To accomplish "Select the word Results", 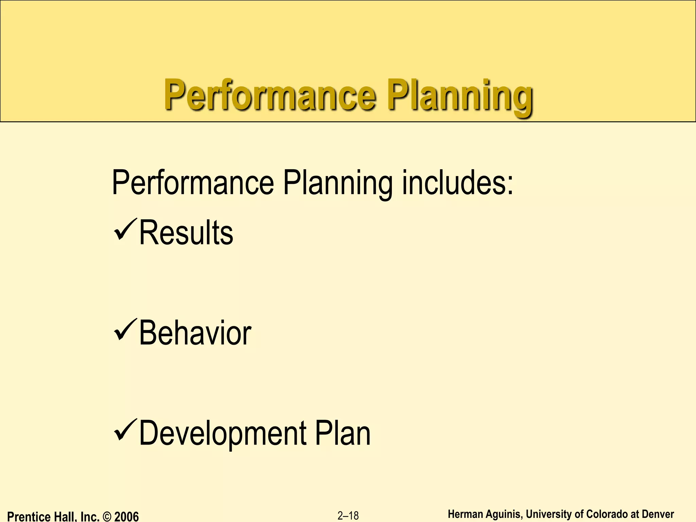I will (186, 233).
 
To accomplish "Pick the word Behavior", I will (195, 333).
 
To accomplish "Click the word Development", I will (223, 433).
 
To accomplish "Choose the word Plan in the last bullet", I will (343, 433).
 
